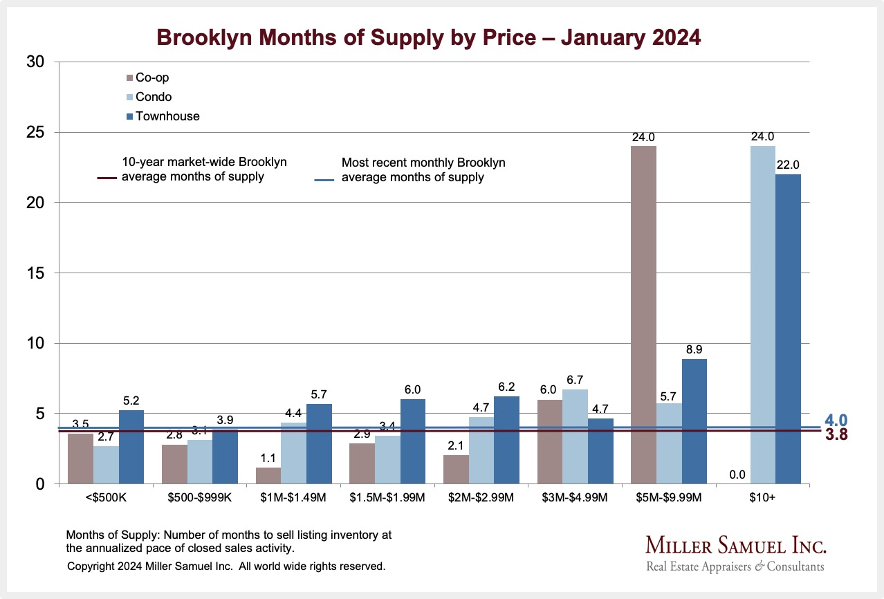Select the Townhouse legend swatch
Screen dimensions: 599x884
point(129,116)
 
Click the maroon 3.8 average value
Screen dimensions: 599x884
point(836,435)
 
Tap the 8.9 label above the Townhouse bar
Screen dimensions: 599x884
point(694,350)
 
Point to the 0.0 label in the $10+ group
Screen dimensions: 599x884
point(737,475)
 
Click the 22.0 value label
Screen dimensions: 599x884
point(788,165)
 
